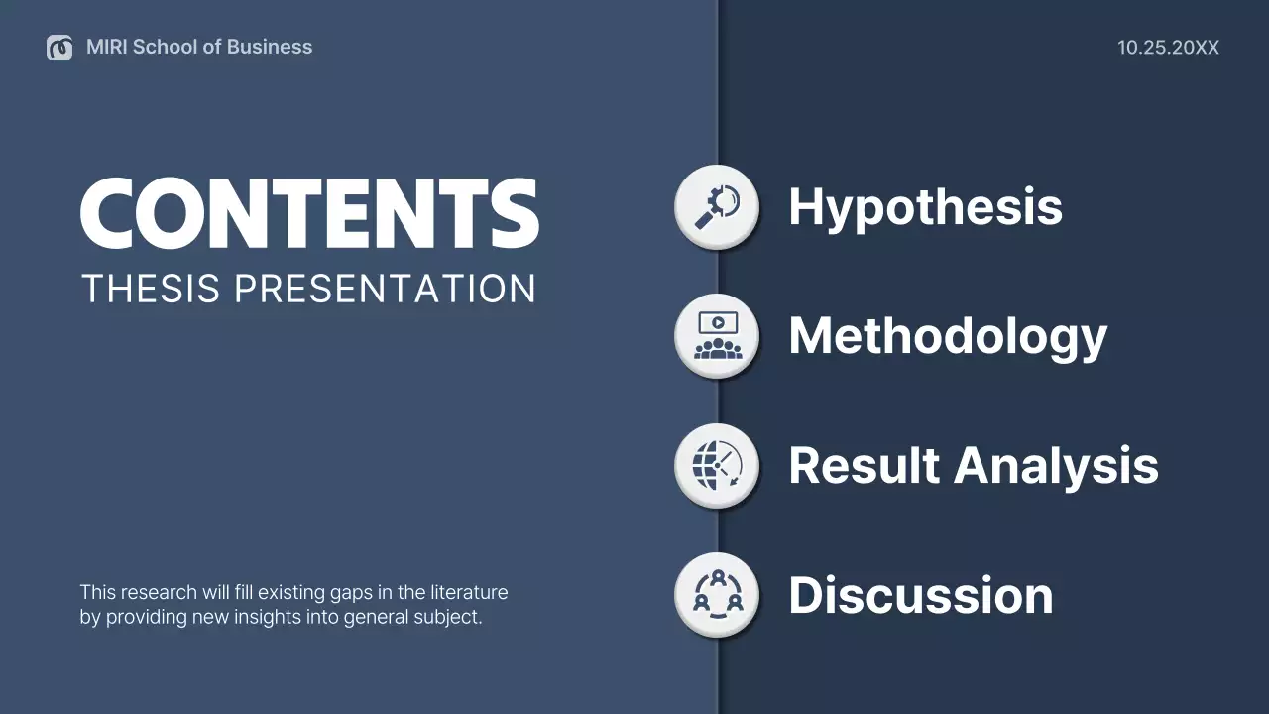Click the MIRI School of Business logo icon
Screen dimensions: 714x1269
point(59,47)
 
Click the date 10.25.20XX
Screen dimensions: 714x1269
point(1168,47)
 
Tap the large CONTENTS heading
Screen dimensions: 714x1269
point(309,213)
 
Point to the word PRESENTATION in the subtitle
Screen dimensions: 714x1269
point(385,289)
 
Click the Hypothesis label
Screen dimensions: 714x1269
point(925,207)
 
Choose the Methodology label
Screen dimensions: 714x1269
point(947,337)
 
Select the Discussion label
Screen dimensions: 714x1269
point(920,595)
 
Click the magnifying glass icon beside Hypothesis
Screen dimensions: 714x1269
point(717,207)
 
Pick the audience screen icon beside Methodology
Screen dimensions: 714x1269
point(717,336)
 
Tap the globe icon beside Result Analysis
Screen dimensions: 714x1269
point(717,465)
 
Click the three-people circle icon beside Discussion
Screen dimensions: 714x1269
point(717,594)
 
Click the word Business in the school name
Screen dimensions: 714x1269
point(270,47)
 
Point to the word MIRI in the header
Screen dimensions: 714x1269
point(106,47)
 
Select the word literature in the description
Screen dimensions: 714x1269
point(469,592)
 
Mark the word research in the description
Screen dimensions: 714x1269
point(158,592)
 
